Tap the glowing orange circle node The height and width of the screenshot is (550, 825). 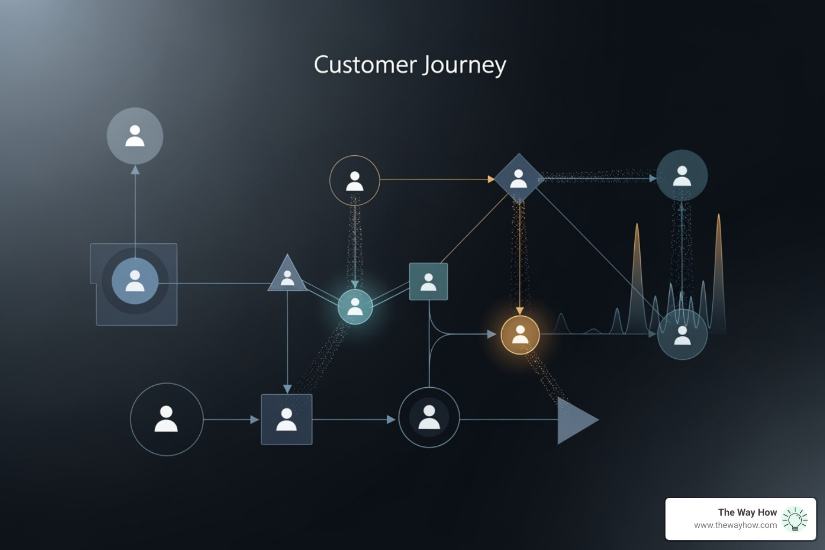[520, 335]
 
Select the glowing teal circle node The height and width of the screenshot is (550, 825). [355, 307]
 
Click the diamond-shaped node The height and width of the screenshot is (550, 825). [518, 178]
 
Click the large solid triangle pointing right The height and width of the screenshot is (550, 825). [576, 420]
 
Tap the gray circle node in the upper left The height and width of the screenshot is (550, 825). [135, 136]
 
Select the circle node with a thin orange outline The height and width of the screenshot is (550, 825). [354, 180]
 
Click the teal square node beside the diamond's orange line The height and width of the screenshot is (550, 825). [428, 281]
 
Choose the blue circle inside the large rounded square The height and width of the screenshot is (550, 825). [135, 281]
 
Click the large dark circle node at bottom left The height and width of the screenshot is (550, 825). [167, 419]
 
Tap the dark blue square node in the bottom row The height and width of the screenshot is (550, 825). [286, 419]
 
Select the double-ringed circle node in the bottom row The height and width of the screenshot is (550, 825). [429, 417]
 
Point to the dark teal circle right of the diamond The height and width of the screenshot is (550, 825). [682, 176]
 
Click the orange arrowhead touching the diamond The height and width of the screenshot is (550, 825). [490, 179]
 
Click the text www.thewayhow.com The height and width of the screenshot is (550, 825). [735, 525]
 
